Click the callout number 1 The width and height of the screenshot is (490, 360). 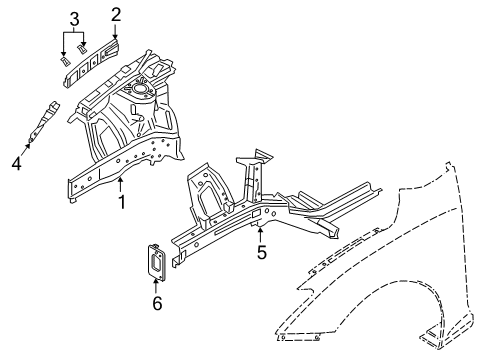pyautogui.click(x=121, y=203)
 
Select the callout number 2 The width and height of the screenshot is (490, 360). pyautogui.click(x=116, y=14)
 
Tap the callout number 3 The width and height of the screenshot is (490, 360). pyautogui.click(x=73, y=18)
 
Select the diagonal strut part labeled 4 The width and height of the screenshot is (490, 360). pyautogui.click(x=44, y=119)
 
